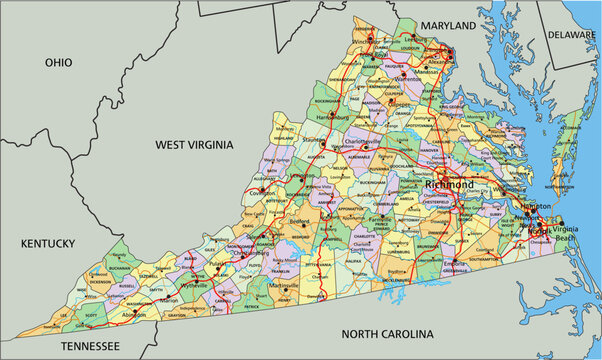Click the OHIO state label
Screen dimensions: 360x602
(x=59, y=62)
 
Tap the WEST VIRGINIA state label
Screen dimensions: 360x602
(x=195, y=145)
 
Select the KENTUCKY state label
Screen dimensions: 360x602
(x=48, y=243)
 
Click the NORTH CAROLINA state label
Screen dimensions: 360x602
(x=388, y=333)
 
